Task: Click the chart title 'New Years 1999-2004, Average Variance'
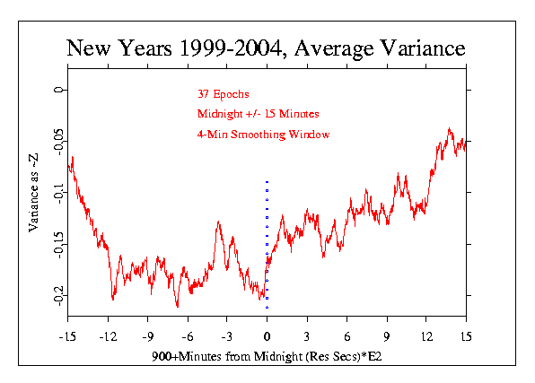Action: click(x=266, y=48)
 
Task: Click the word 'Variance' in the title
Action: click(x=423, y=48)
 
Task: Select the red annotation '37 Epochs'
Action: click(x=224, y=94)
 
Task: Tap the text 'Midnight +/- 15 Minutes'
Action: click(x=259, y=114)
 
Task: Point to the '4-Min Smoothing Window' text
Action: click(x=263, y=135)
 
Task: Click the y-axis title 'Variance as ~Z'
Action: click(x=33, y=193)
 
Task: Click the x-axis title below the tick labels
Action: click(x=267, y=357)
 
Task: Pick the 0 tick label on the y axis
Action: click(x=58, y=90)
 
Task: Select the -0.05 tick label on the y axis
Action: click(x=58, y=142)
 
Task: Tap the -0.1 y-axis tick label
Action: click(x=58, y=194)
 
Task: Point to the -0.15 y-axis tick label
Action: click(x=58, y=245)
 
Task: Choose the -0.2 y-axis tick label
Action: click(x=58, y=296)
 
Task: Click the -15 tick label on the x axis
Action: click(x=67, y=337)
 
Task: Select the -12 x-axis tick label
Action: click(x=108, y=337)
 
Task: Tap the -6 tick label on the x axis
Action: click(x=188, y=337)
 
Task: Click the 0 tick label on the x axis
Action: click(x=267, y=337)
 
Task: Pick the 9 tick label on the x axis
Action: click(x=387, y=337)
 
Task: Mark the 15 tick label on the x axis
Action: click(x=466, y=337)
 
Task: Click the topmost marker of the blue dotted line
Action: click(x=267, y=182)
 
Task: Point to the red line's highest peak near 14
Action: click(x=449, y=128)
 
